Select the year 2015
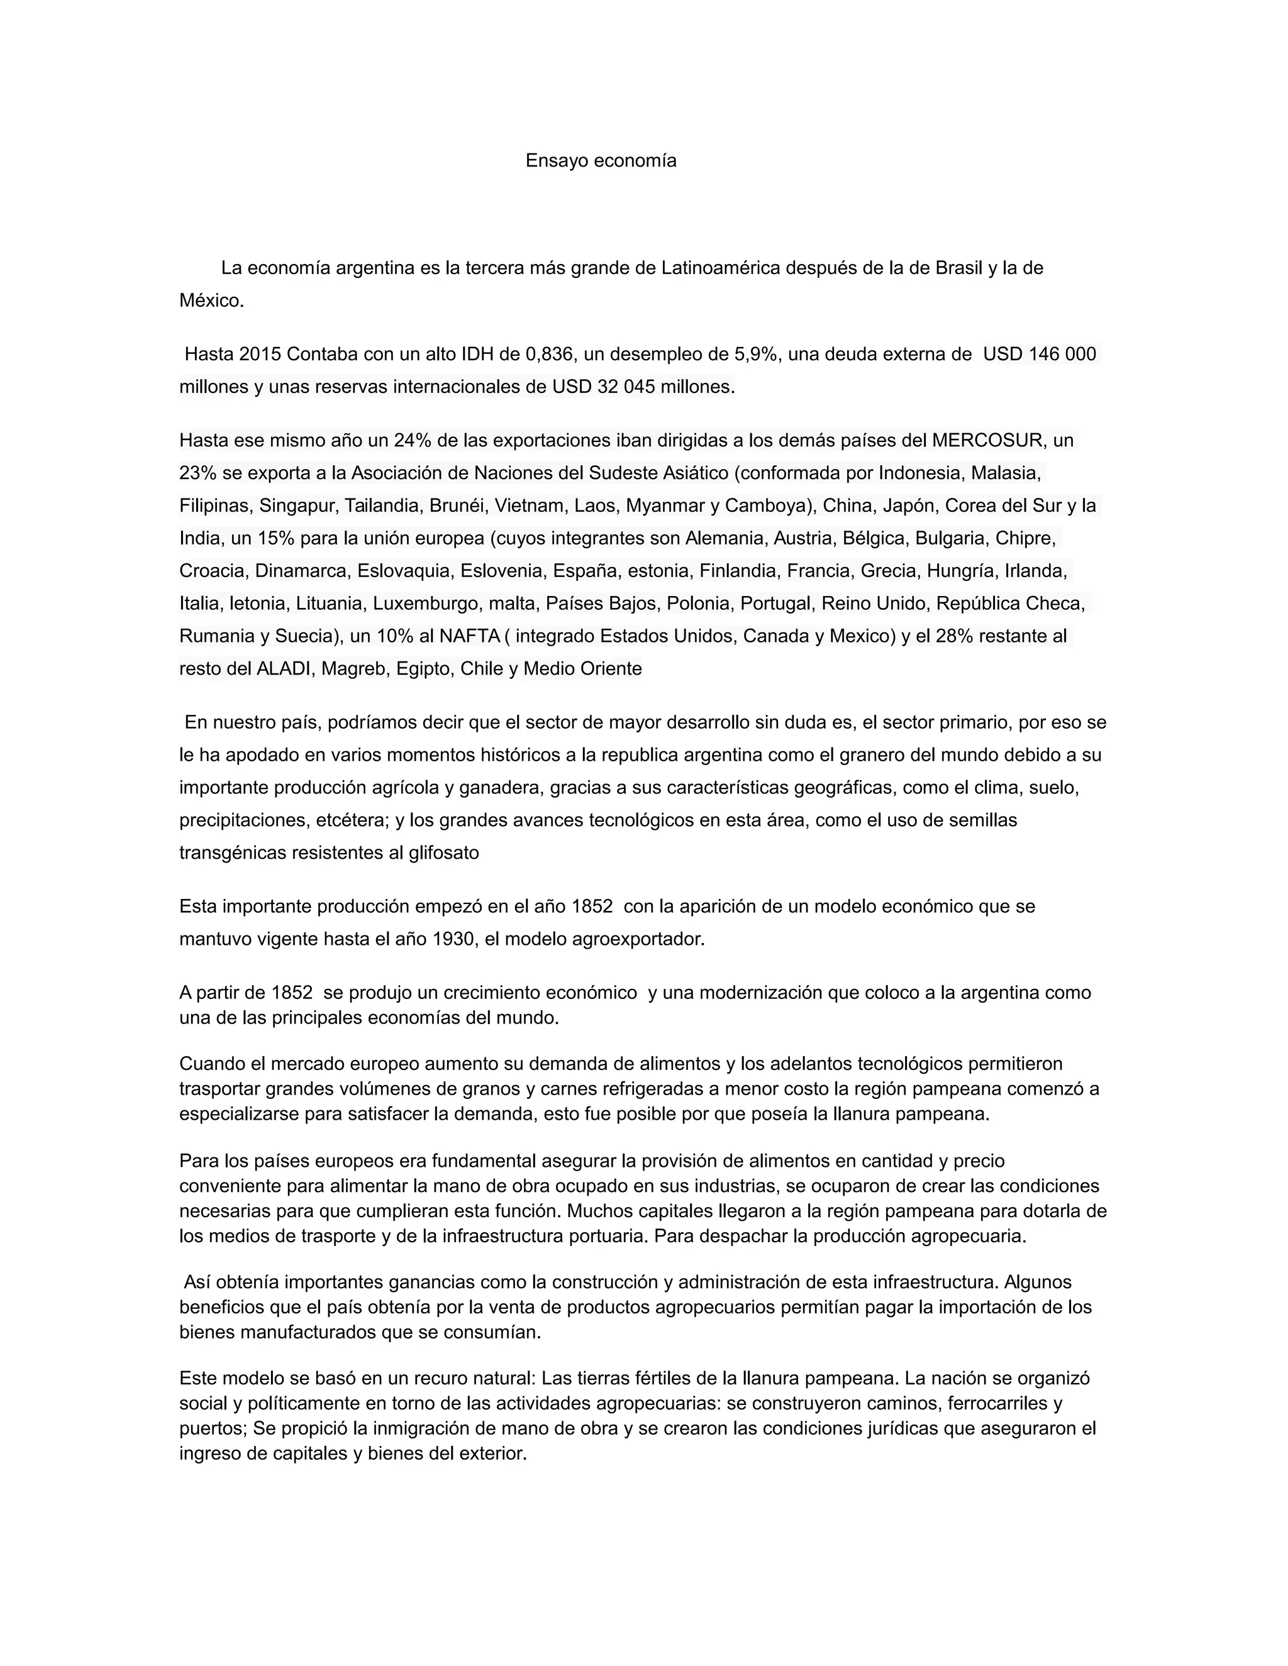(260, 355)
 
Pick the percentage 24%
(411, 441)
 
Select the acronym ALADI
(284, 669)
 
